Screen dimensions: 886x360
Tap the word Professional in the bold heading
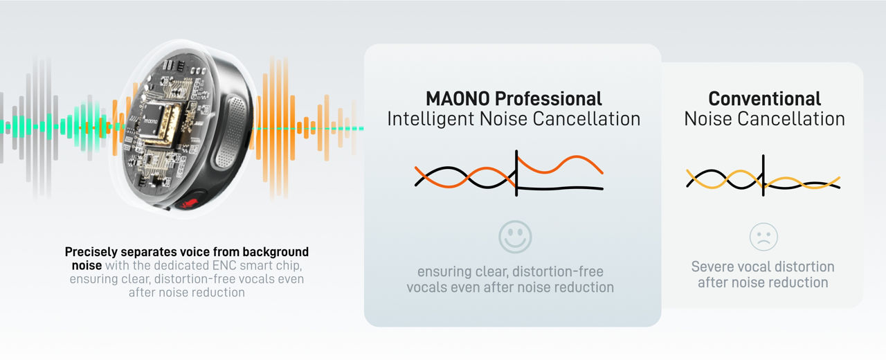point(548,99)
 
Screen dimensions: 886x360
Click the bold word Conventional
point(765,99)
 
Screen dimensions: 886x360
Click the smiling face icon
point(515,237)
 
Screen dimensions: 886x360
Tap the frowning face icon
point(763,237)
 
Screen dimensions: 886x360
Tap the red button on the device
point(193,202)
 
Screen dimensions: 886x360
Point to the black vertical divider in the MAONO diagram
point(516,173)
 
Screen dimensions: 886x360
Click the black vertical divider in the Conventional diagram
point(763,175)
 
